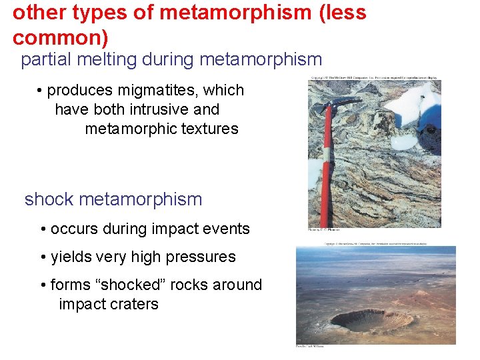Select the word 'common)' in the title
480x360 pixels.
tap(60, 37)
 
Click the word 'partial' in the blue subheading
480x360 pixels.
tap(45, 60)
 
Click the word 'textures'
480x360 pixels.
tap(209, 129)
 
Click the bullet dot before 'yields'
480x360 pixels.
tap(43, 257)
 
